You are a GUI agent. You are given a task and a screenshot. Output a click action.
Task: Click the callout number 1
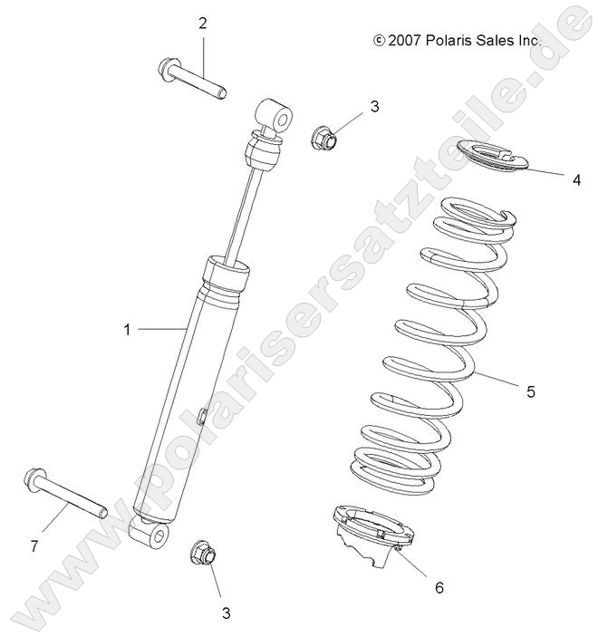(x=127, y=330)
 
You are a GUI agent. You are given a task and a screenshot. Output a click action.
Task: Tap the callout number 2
(x=203, y=23)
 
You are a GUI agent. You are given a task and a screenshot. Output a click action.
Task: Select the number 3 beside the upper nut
(x=349, y=107)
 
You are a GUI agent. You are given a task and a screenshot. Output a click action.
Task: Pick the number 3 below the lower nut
(x=226, y=613)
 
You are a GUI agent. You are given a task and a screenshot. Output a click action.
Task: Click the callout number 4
(x=576, y=179)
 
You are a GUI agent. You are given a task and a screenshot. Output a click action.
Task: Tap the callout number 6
(x=439, y=587)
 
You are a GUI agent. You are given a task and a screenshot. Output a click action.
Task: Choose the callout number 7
(x=34, y=545)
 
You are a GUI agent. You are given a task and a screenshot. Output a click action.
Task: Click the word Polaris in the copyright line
(x=453, y=41)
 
